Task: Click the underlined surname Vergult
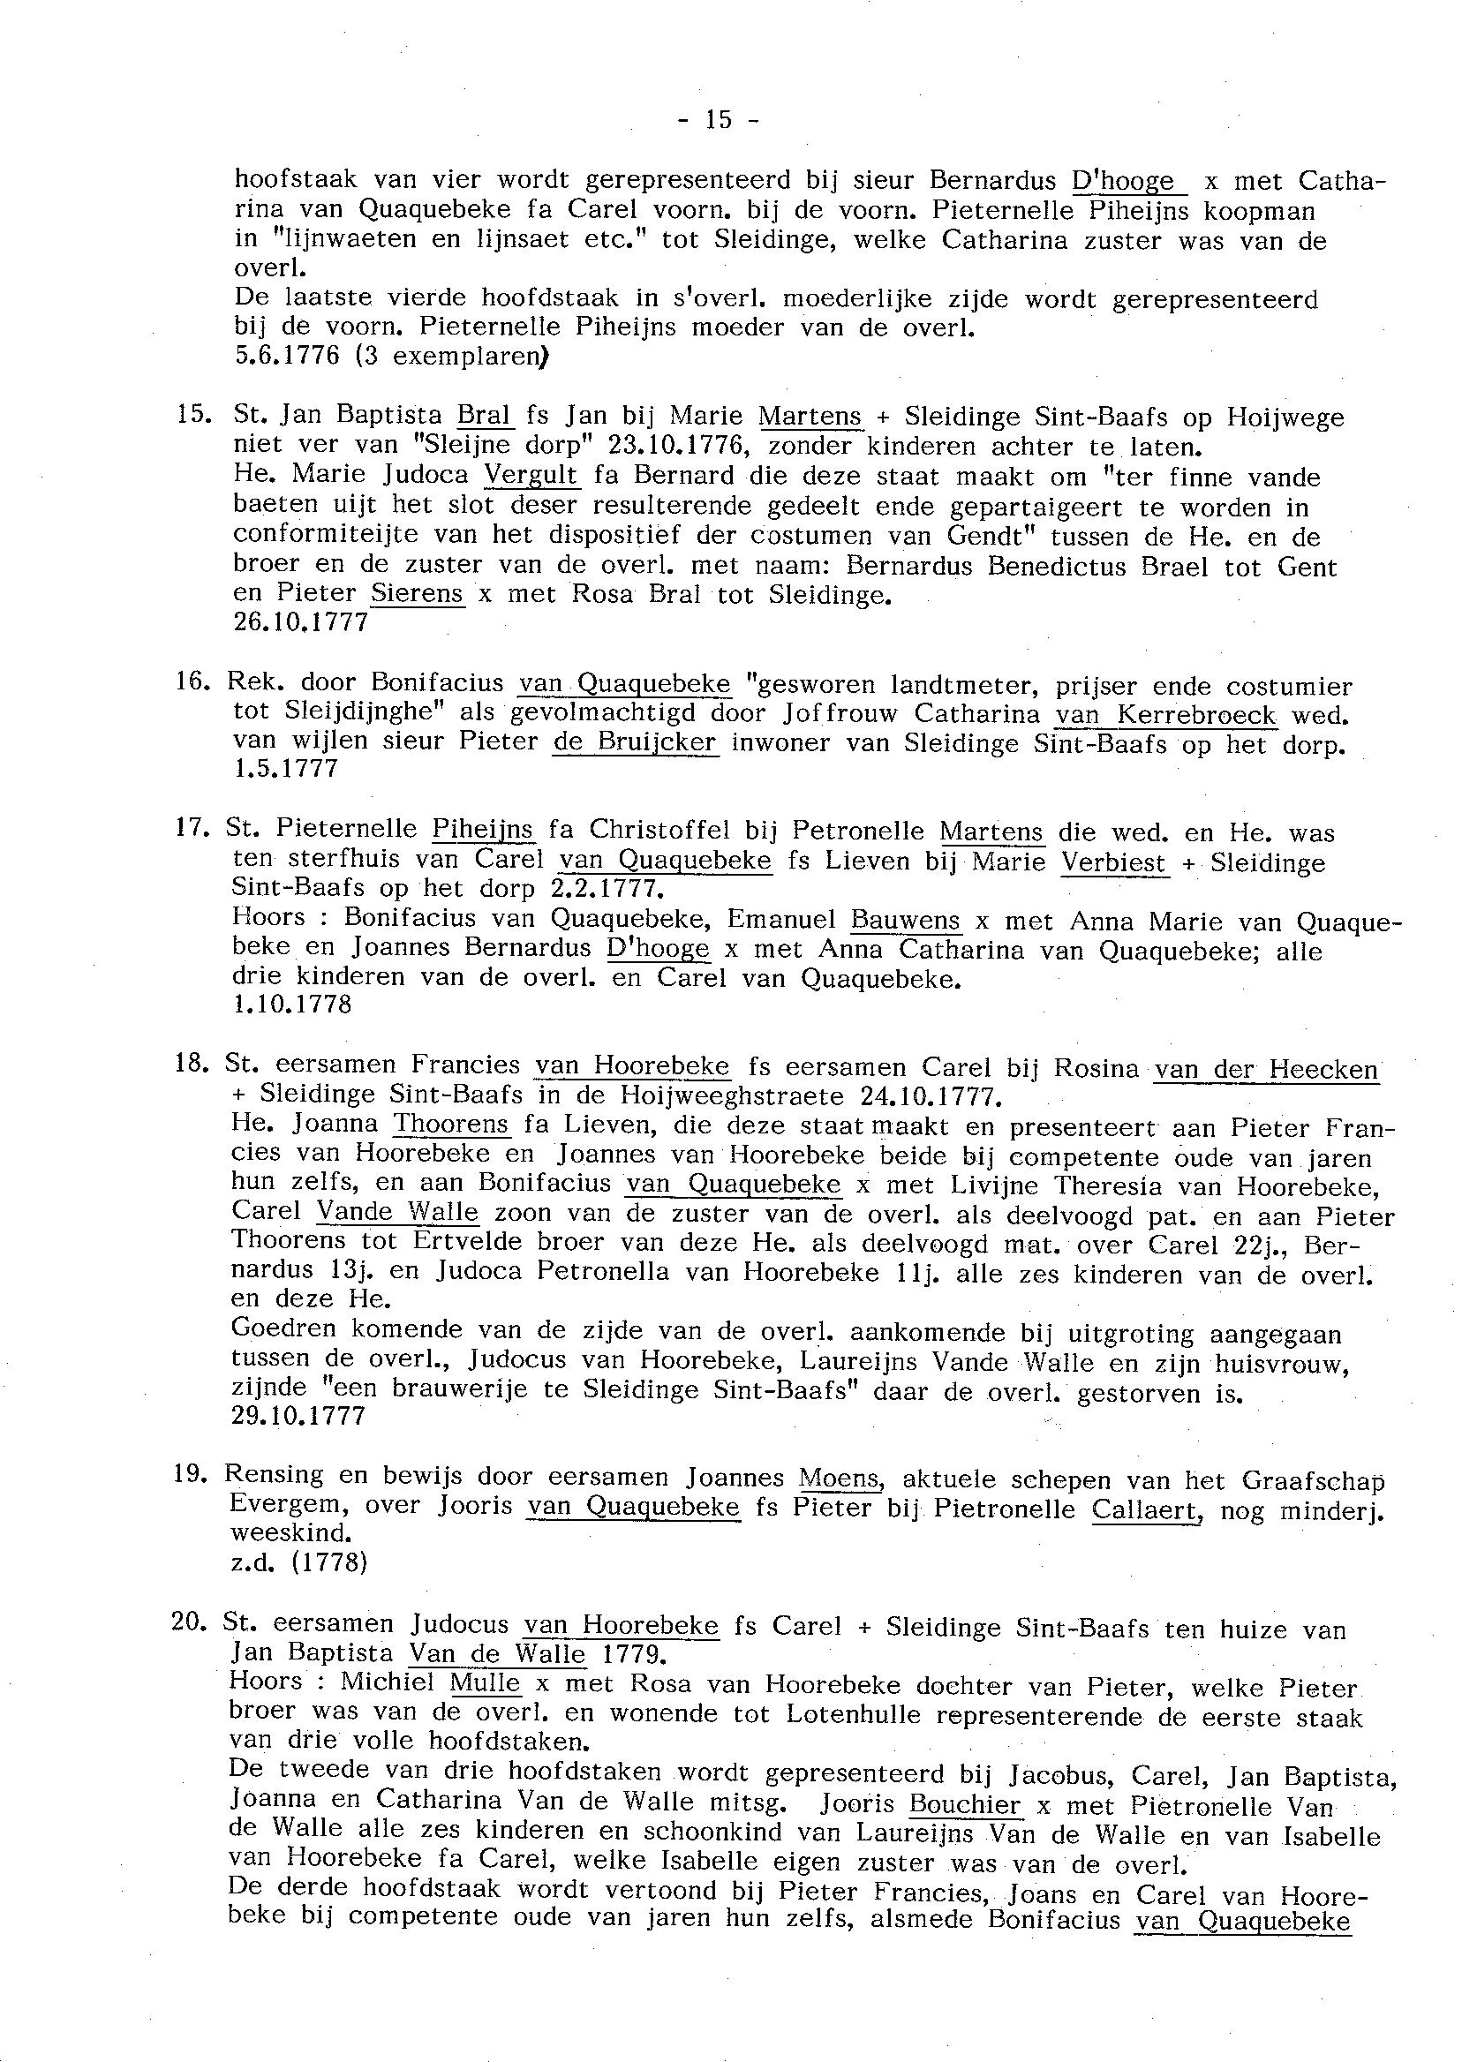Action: pyautogui.click(x=531, y=475)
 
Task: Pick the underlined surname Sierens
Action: pyautogui.click(x=417, y=595)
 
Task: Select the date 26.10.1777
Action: pyautogui.click(x=301, y=623)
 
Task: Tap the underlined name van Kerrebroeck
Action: pyautogui.click(x=1166, y=715)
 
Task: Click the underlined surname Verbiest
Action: pyautogui.click(x=1113, y=863)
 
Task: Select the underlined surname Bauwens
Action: pyautogui.click(x=907, y=922)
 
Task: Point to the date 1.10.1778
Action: pyautogui.click(x=291, y=1005)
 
